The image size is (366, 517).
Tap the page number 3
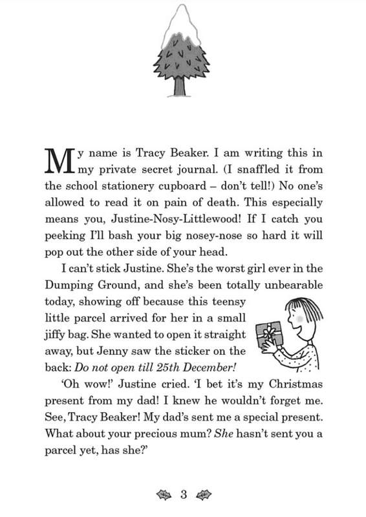point(183,496)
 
